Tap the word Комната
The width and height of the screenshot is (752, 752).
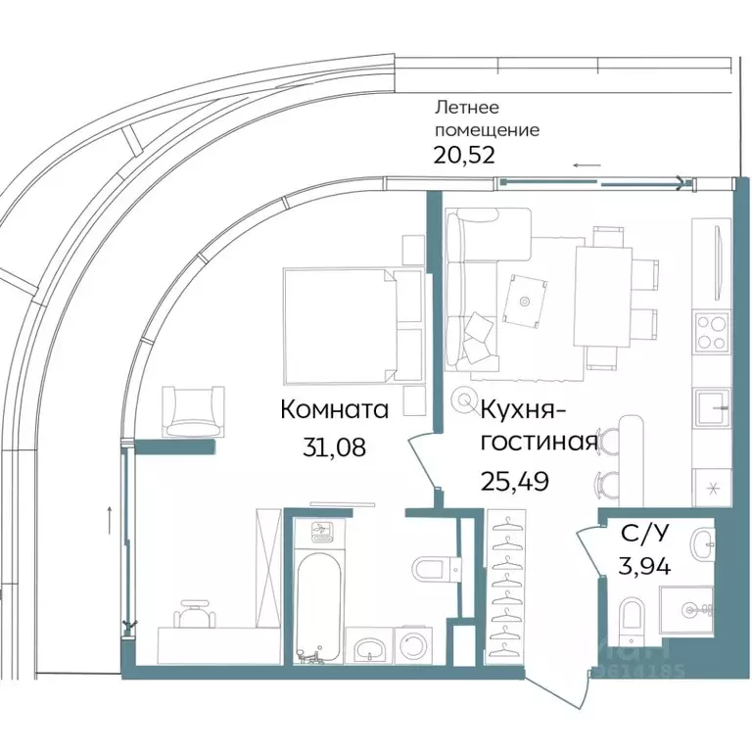click(x=334, y=410)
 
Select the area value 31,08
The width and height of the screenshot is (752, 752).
click(x=335, y=447)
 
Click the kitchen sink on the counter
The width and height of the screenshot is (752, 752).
click(x=711, y=404)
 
